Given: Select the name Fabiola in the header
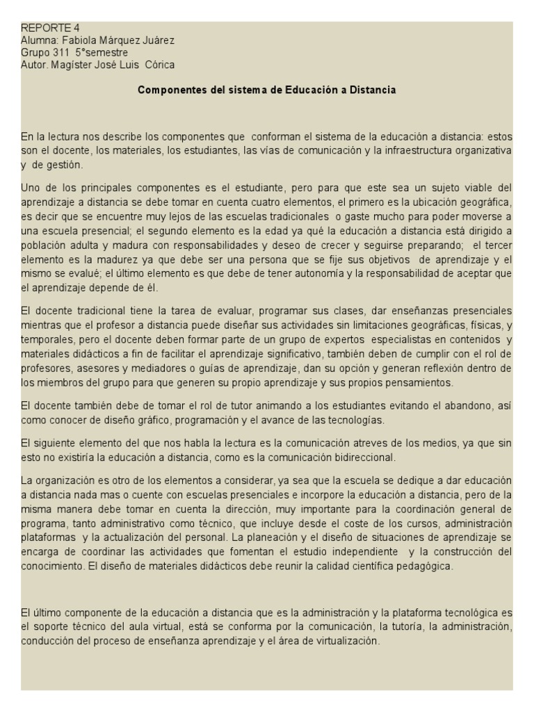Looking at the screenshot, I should (x=77, y=41).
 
